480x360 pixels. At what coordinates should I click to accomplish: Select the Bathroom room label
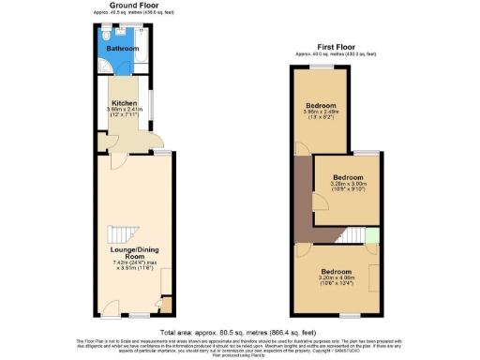tap(121, 47)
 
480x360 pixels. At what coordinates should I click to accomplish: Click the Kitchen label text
tap(125, 102)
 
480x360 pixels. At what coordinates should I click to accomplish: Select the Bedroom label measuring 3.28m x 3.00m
tap(349, 177)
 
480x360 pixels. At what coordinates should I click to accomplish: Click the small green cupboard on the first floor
tap(372, 235)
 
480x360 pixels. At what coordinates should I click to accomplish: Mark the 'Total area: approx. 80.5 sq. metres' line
tap(240, 333)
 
